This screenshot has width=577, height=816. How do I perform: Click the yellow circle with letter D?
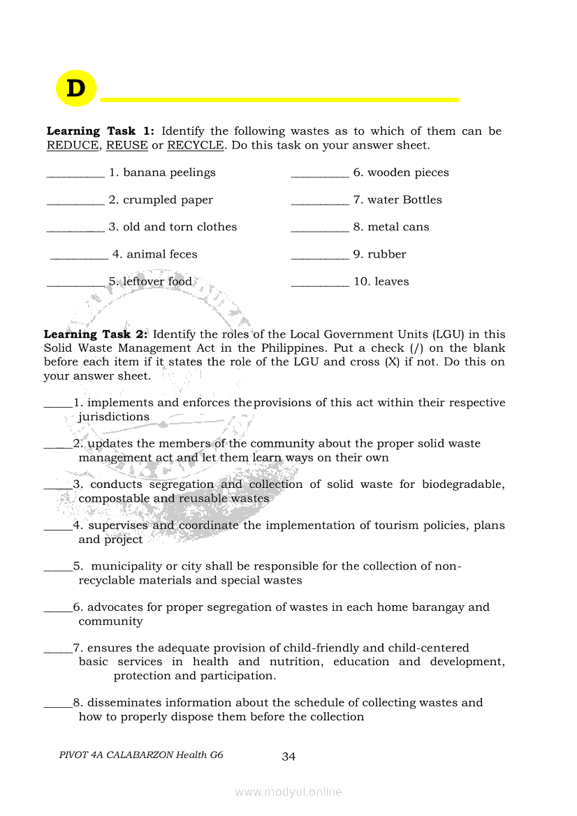pos(75,89)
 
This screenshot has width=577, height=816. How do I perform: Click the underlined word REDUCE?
pos(73,145)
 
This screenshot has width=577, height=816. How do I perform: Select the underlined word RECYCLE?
pos(195,145)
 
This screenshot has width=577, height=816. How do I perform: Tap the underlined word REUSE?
pos(126,145)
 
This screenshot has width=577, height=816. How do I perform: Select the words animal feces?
pos(162,254)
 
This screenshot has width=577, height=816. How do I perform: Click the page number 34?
pos(288,757)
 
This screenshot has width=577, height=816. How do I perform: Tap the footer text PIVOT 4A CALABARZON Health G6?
pos(141,755)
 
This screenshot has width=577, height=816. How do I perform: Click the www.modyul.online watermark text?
pos(288,792)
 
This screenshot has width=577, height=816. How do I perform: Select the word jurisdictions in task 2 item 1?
pos(114,417)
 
